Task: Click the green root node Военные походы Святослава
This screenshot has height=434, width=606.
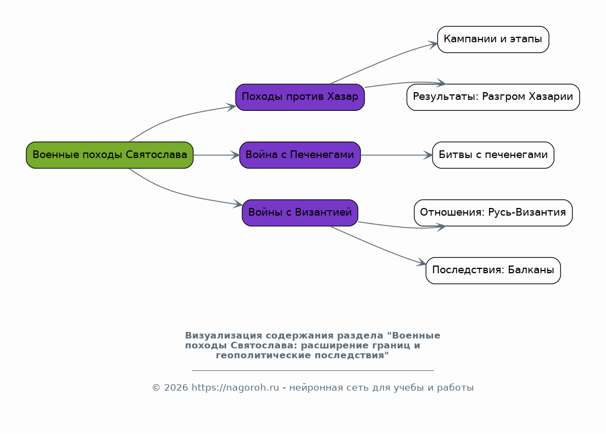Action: point(110,155)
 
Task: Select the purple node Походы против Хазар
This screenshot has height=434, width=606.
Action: point(300,97)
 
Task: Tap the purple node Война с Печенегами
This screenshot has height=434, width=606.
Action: point(300,155)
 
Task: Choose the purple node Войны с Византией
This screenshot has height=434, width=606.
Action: point(300,212)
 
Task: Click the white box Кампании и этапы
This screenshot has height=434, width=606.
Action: point(493,40)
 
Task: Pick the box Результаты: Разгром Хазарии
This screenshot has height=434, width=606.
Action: point(493,97)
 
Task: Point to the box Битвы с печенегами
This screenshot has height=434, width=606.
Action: point(493,155)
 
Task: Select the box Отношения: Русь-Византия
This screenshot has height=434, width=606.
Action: point(493,212)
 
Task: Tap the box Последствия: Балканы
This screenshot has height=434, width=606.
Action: point(493,270)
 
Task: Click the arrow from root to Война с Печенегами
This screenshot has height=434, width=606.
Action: point(216,155)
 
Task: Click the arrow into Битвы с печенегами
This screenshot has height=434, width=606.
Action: point(396,155)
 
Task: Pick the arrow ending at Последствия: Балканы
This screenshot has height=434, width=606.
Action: point(379,247)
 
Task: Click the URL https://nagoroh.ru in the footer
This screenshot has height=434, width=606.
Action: point(235,387)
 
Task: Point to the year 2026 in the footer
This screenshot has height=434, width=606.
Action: point(176,387)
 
